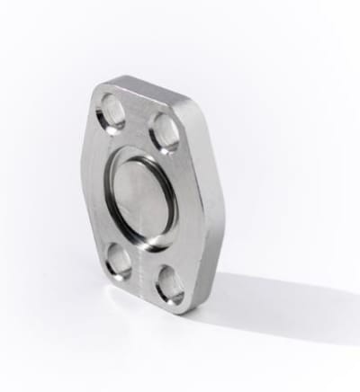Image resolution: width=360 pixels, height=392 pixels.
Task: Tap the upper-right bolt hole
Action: pos(165,132)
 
